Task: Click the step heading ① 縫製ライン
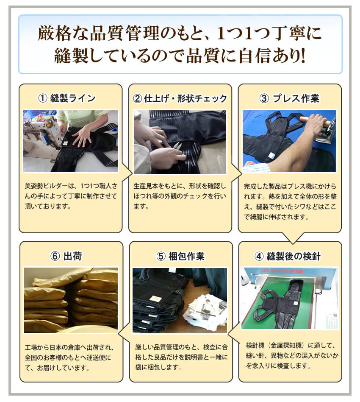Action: click(67, 98)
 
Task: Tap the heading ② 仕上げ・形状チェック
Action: click(180, 98)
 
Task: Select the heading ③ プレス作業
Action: click(290, 98)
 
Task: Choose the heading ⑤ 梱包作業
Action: click(180, 256)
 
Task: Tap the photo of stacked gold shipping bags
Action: click(71, 300)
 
